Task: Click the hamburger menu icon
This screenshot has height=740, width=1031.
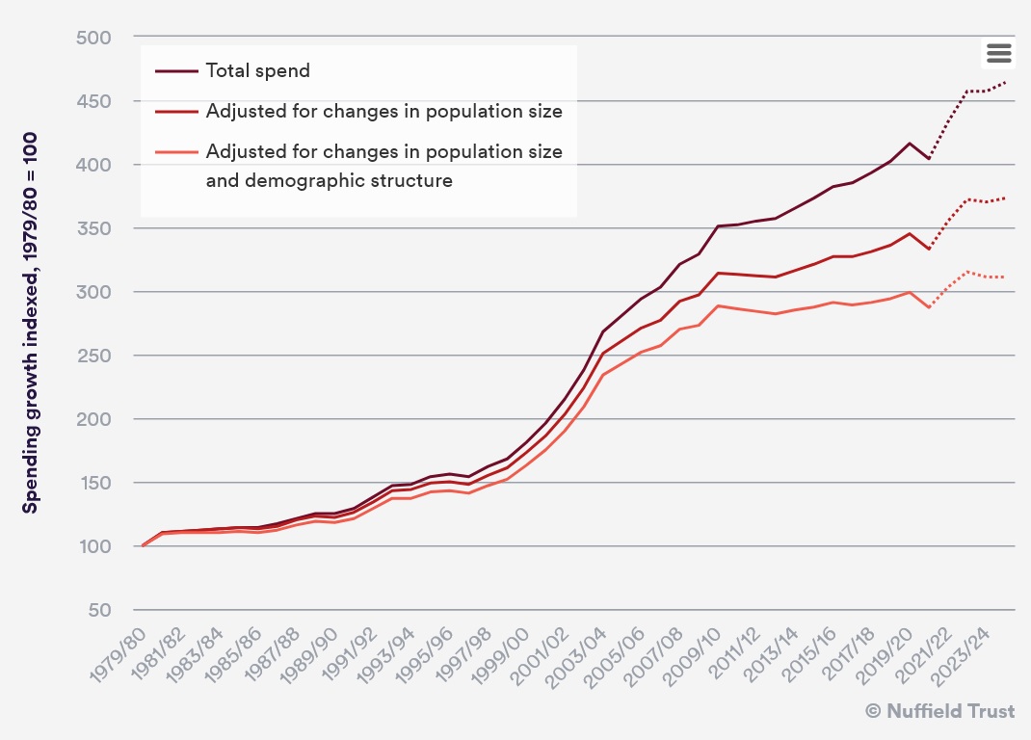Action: tap(998, 53)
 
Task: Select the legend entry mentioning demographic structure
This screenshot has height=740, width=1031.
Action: tap(383, 166)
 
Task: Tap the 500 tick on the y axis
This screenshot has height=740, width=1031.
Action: tap(94, 38)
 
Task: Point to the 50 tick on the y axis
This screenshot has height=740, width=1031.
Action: tap(99, 610)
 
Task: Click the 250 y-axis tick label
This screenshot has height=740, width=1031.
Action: tap(94, 356)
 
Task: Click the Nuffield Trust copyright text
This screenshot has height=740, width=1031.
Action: tap(939, 711)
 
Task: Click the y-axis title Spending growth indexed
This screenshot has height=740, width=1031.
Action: tap(31, 323)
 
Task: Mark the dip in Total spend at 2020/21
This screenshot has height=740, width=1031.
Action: tap(929, 158)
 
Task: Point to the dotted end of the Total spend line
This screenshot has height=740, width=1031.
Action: tap(1005, 82)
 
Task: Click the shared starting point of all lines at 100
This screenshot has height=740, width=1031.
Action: tap(144, 546)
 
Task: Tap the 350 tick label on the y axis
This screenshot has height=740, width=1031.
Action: tap(94, 228)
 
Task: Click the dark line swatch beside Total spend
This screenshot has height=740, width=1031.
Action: tap(176, 70)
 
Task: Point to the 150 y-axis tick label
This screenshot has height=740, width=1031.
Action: tap(94, 483)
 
